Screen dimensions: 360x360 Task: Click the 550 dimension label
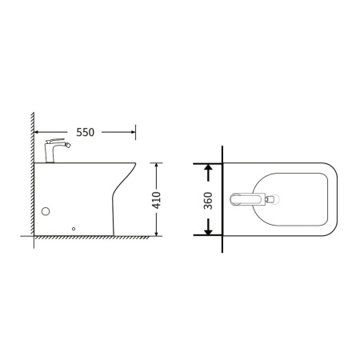coord(86,132)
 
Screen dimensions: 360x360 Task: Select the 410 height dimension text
coord(156,200)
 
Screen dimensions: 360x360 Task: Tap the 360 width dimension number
coord(208,201)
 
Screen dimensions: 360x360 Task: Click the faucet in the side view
coord(55,150)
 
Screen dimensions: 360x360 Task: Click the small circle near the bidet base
coord(74,229)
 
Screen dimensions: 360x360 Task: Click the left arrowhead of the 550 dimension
coord(37,132)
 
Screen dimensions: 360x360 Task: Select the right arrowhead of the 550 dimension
coord(133,132)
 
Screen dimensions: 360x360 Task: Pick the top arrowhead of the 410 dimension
coord(156,166)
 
